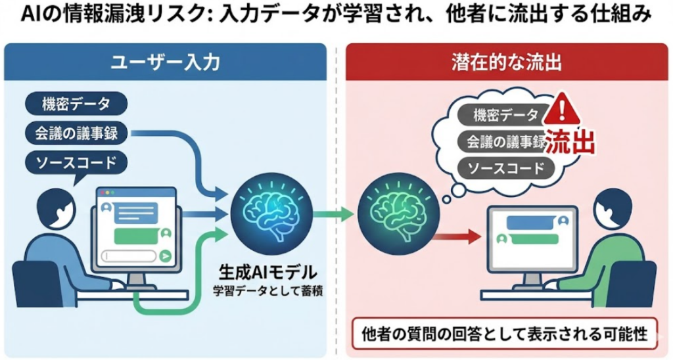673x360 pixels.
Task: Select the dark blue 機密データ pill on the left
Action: tap(75, 104)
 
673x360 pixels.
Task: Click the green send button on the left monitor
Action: tap(166, 256)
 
